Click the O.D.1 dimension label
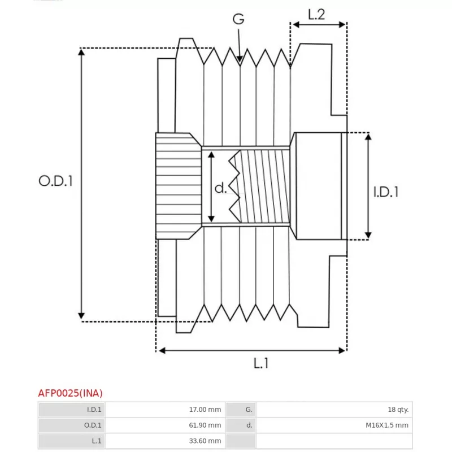55,181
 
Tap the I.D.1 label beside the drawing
386,192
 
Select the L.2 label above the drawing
316,15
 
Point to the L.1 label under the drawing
261,363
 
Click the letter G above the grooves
238,19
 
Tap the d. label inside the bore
220,188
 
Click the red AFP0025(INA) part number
70,393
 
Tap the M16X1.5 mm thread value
387,425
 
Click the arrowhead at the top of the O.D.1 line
81,52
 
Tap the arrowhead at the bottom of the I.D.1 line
368,236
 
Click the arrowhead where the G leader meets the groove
240,59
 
